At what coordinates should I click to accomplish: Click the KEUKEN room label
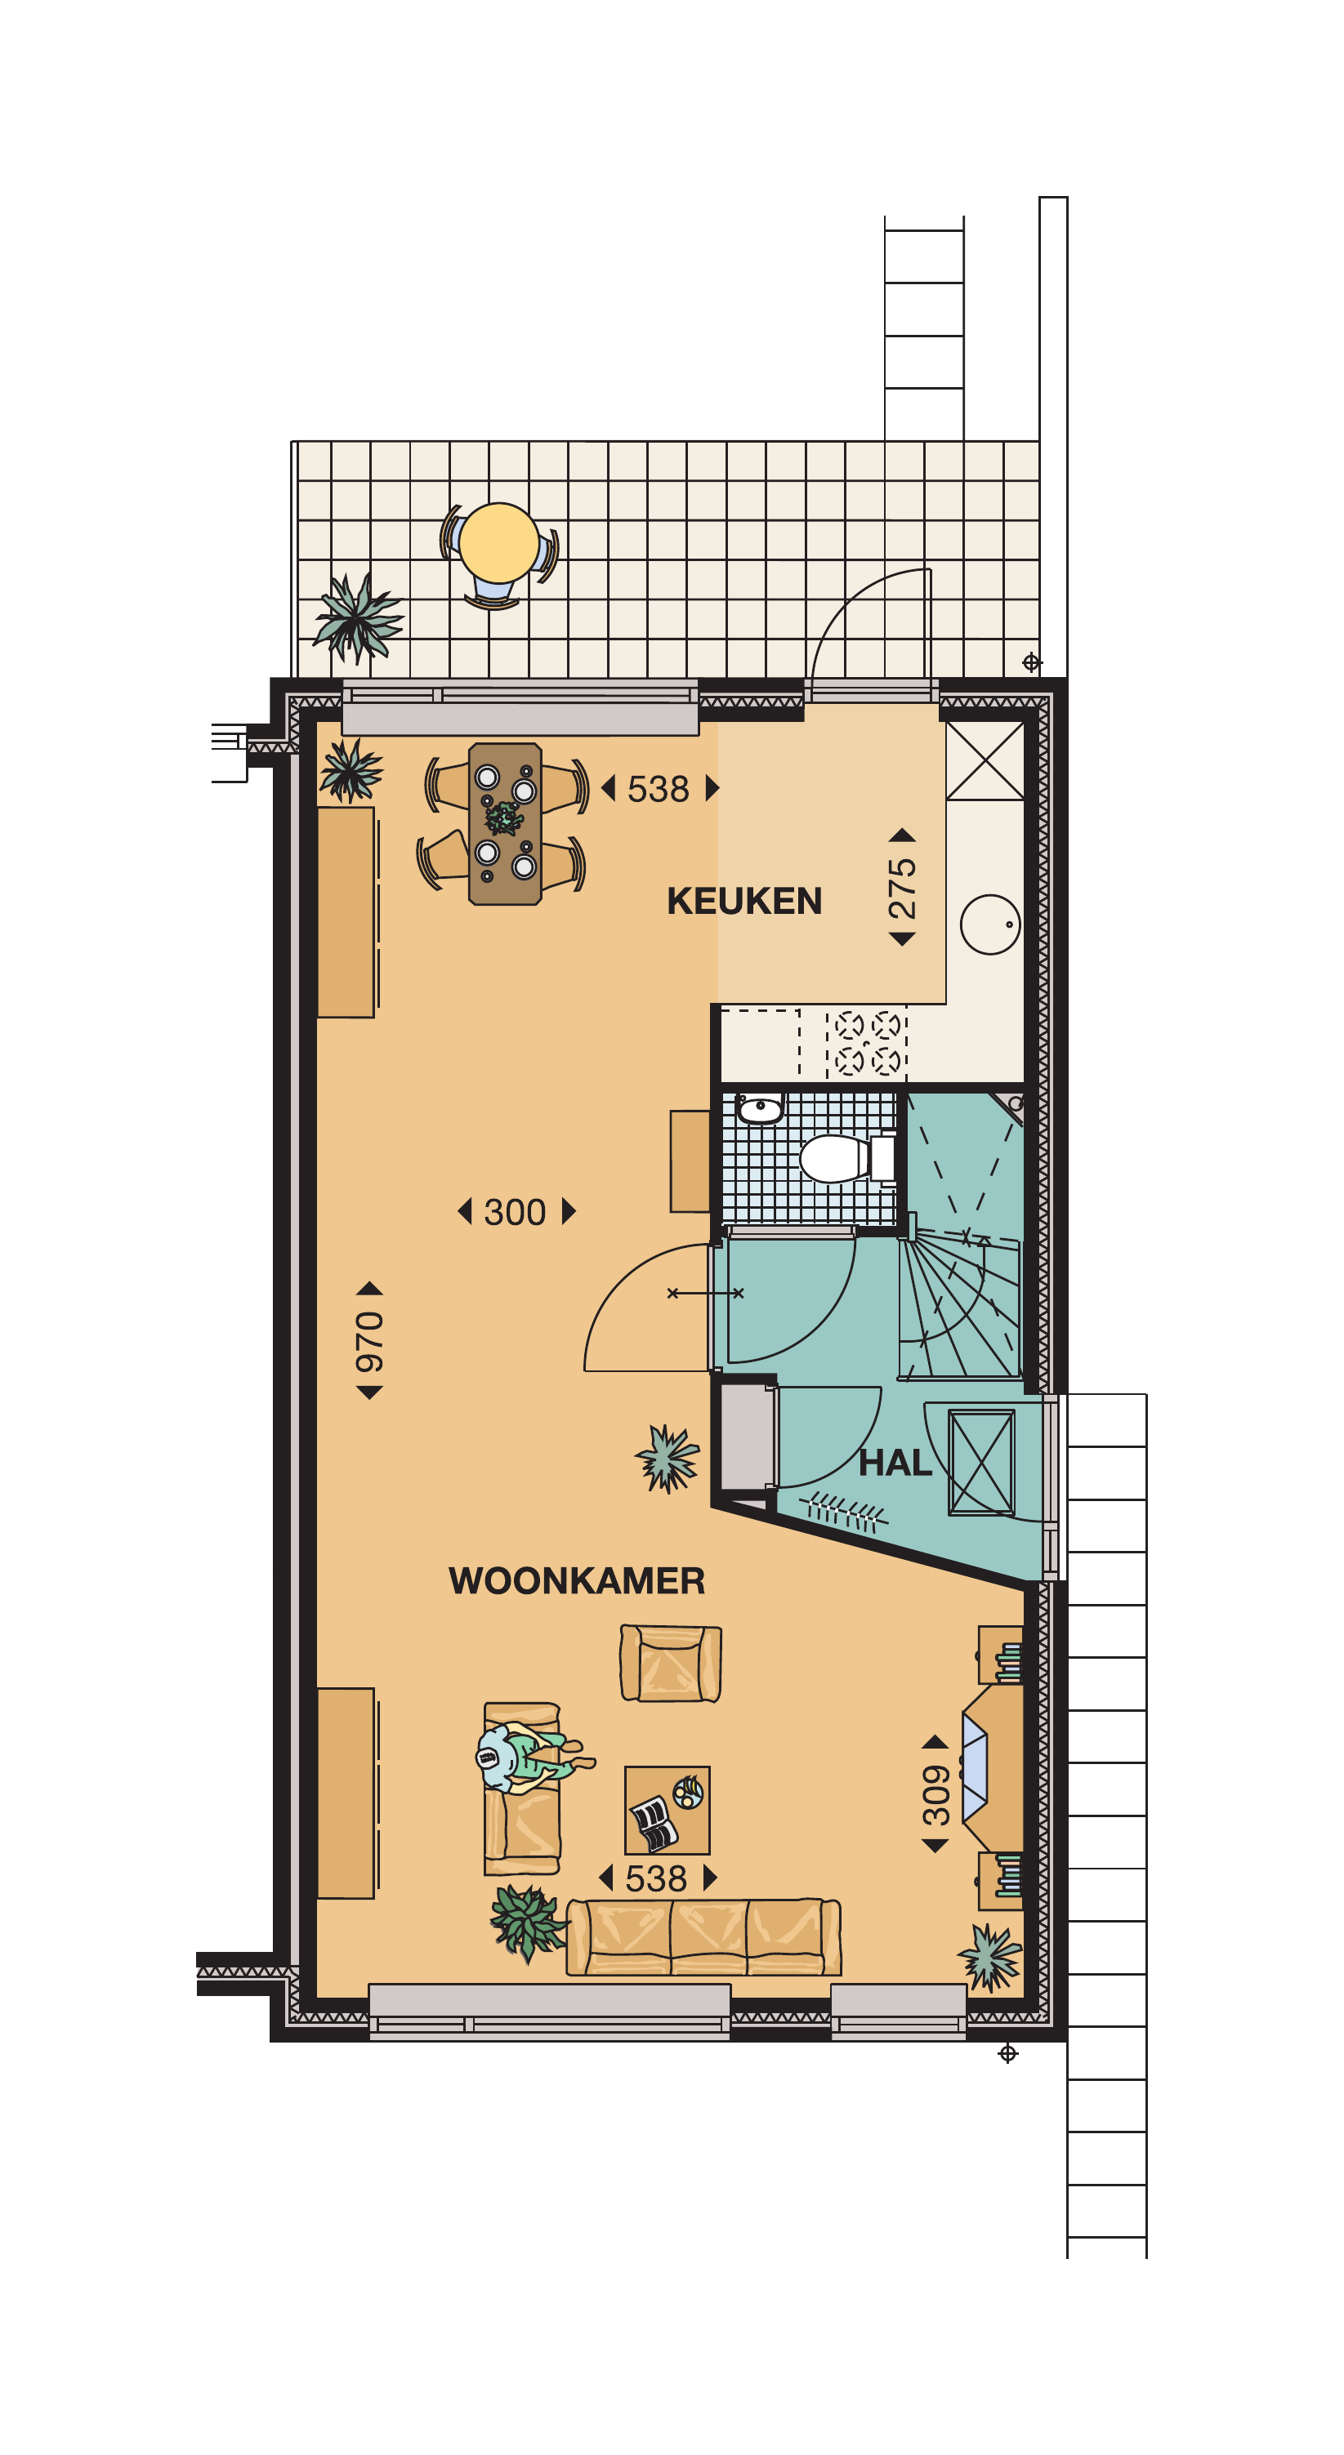(744, 901)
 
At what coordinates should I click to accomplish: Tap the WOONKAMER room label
(577, 1581)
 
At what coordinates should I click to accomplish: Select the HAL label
(895, 1463)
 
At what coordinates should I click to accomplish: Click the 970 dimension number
(369, 1341)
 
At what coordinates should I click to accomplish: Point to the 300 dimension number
(515, 1212)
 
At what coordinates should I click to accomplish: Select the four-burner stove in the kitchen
(866, 1043)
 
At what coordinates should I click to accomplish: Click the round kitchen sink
(990, 925)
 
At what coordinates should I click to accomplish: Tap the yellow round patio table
(498, 542)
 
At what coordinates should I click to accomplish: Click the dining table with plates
(505, 823)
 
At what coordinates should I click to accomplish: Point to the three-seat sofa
(703, 1936)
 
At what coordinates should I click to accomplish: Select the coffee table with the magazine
(668, 1810)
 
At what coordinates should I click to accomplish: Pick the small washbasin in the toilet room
(760, 1108)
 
